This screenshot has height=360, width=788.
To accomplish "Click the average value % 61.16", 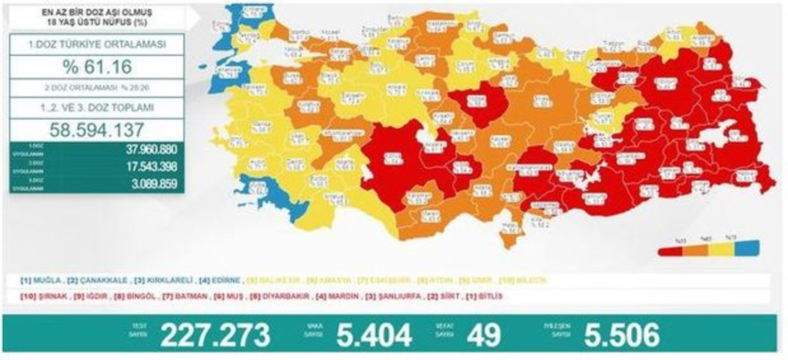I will tap(97, 67).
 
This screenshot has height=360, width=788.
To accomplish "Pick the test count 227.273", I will tap(215, 335).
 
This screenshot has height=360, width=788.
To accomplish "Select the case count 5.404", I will tap(374, 335).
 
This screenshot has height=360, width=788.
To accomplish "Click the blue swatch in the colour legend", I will tap(748, 248).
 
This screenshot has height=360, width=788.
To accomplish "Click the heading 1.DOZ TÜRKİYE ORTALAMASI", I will tap(97, 45).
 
